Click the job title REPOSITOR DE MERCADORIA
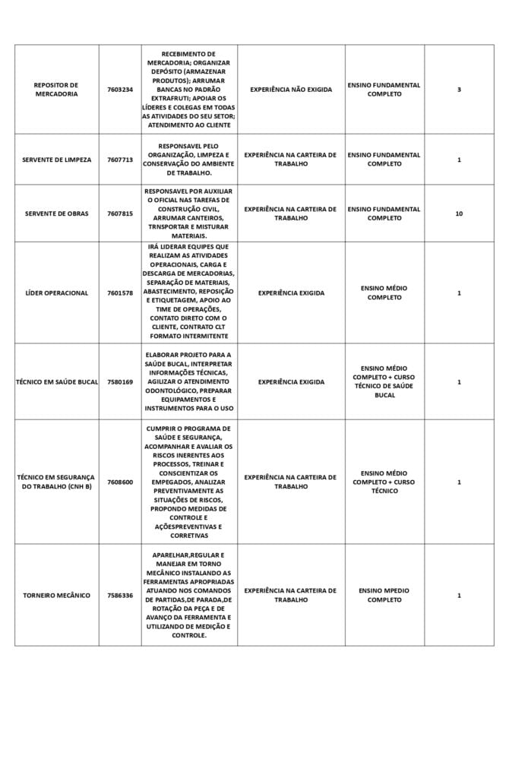pos(56,90)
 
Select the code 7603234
pos(120,90)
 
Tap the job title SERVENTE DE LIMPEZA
pos(56,160)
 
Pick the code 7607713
pos(120,160)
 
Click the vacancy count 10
pos(459,213)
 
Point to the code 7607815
pos(120,213)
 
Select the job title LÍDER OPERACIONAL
pos(56,293)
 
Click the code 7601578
pos(120,293)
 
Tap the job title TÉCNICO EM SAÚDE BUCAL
pos(57,381)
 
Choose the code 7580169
pos(120,381)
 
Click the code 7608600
pos(120,482)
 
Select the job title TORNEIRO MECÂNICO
pos(56,595)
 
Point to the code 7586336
pos(120,595)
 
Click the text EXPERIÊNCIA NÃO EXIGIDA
pos(291,90)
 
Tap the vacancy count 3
pos(459,90)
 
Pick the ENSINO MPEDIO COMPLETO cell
pos(384,595)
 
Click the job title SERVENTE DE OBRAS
pos(56,213)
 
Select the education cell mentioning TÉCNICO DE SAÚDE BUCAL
pos(384,381)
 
